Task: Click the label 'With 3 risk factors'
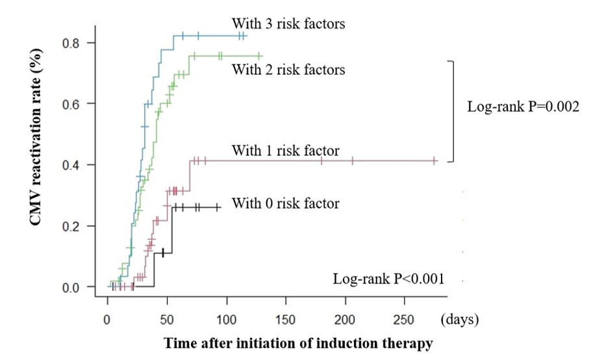click(288, 25)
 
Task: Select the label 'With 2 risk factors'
click(288, 68)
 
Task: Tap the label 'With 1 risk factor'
click(285, 151)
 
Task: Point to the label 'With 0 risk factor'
click(285, 203)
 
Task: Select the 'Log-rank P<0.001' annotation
click(388, 279)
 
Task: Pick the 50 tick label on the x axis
click(167, 320)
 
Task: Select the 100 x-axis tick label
click(226, 320)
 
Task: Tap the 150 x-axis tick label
click(286, 320)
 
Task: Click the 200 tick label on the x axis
click(345, 320)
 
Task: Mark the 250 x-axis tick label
click(405, 320)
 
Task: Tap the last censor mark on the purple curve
click(434, 161)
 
